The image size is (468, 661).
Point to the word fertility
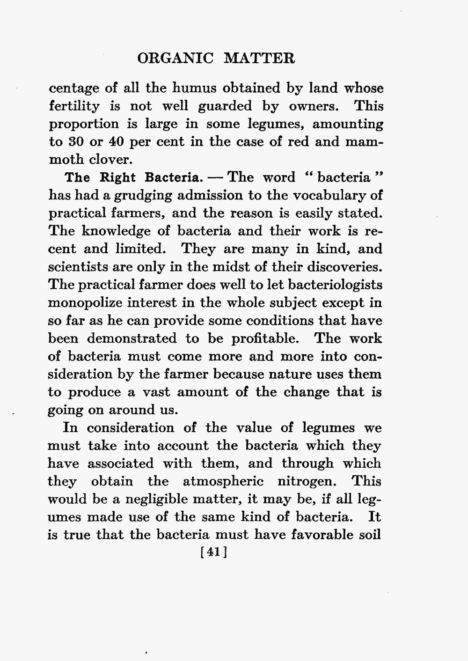(x=74, y=106)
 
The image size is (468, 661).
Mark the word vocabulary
(x=335, y=196)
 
